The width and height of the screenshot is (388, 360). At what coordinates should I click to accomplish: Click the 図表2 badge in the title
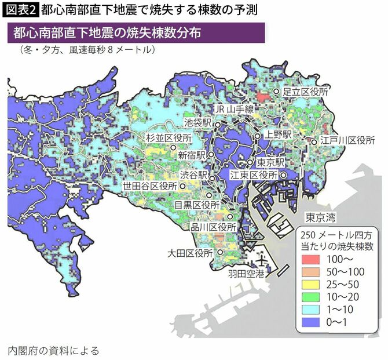(x=20, y=9)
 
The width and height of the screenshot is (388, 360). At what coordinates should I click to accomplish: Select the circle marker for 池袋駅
(x=217, y=125)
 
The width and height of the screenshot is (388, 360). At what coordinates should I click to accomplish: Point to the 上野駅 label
(x=279, y=134)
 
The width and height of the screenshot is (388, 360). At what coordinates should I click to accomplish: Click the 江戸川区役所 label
(x=347, y=141)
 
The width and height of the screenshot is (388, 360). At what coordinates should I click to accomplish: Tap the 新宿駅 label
(x=192, y=156)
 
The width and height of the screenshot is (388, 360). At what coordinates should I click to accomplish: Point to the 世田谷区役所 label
(x=150, y=187)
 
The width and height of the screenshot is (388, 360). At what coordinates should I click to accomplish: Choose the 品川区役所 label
(x=213, y=228)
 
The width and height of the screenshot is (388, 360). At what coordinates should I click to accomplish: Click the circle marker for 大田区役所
(x=221, y=253)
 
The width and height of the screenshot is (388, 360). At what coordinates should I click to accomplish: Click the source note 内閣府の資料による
(x=53, y=350)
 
